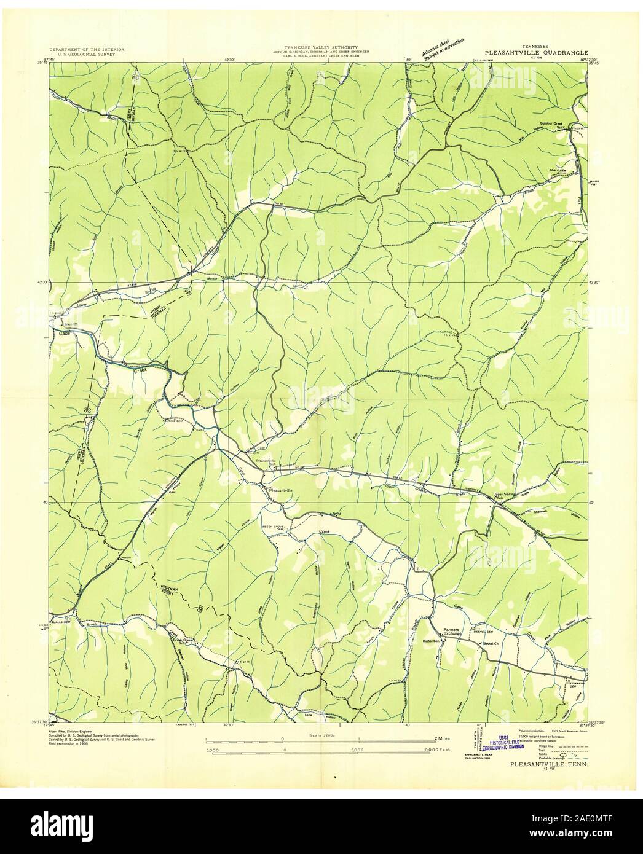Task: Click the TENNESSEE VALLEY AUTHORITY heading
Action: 321,47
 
